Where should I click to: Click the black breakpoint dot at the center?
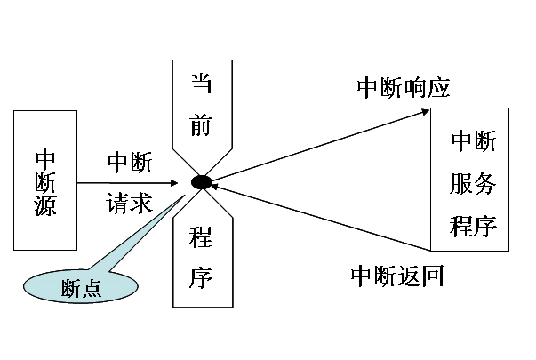pyautogui.click(x=201, y=182)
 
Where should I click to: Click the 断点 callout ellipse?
pyautogui.click(x=80, y=286)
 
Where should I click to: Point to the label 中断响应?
pyautogui.click(x=404, y=87)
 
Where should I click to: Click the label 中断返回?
pyautogui.click(x=396, y=275)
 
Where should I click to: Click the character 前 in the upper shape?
pyautogui.click(x=201, y=124)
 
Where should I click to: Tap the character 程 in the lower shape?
pyautogui.click(x=201, y=237)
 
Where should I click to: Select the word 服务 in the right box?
pyautogui.click(x=473, y=184)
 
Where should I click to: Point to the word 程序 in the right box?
pyautogui.click(x=473, y=223)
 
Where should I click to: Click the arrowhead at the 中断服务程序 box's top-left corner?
pyautogui.click(x=426, y=112)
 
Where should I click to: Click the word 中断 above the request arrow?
pyautogui.click(x=130, y=163)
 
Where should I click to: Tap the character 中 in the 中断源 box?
pyautogui.click(x=45, y=157)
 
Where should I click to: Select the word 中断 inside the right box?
pyautogui.click(x=473, y=141)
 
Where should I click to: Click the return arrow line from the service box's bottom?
pyautogui.click(x=320, y=217)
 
